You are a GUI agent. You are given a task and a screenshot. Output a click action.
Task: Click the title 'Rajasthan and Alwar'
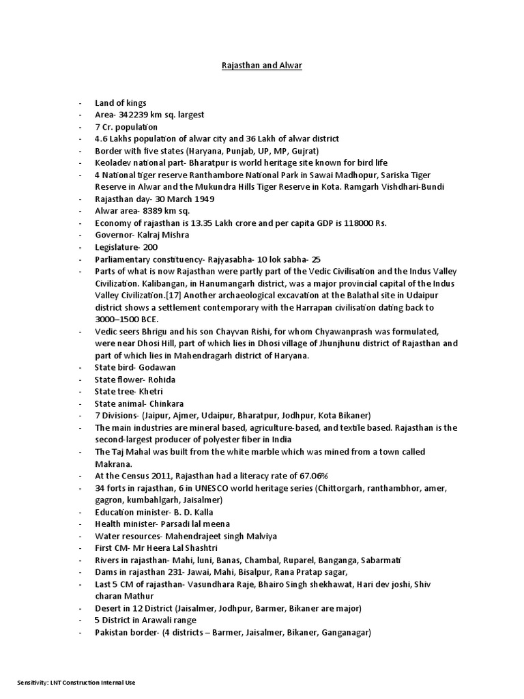(262, 66)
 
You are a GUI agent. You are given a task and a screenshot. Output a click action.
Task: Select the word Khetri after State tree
(153, 391)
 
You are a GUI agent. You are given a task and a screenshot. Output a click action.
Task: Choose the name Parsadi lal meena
(196, 524)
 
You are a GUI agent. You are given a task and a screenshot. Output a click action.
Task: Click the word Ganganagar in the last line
(345, 633)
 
